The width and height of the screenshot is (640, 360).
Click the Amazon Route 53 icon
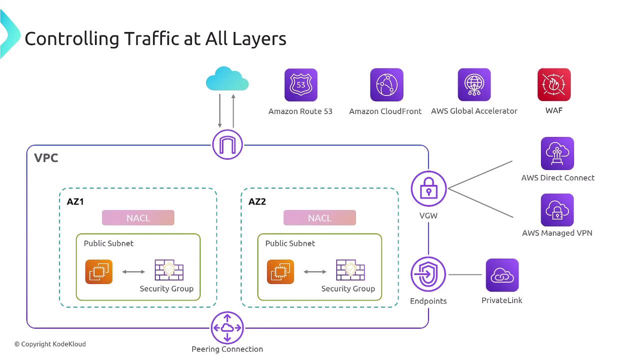point(301,85)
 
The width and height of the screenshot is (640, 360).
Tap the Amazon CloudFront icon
point(386,85)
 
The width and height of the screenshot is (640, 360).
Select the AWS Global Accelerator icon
point(474,85)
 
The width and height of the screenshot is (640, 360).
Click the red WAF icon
point(554,85)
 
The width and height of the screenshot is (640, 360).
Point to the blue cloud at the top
point(227,79)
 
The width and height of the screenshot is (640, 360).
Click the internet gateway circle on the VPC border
point(227,145)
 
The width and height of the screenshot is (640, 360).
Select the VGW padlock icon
point(428,188)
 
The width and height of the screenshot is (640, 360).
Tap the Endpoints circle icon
point(428,274)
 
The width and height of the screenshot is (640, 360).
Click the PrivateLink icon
point(502,275)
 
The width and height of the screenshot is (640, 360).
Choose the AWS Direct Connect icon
point(557,153)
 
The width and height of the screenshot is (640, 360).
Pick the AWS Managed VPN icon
point(557,210)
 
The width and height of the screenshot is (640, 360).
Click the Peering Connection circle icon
point(227,328)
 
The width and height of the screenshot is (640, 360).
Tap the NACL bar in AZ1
point(138,218)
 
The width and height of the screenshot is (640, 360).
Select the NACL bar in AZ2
point(319,218)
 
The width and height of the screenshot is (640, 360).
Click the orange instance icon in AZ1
point(99,271)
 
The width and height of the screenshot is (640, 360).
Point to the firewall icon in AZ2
point(350,270)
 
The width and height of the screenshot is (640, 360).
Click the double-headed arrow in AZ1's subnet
point(133,272)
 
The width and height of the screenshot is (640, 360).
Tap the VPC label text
point(46,158)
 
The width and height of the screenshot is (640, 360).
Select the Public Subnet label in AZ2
point(290,243)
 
